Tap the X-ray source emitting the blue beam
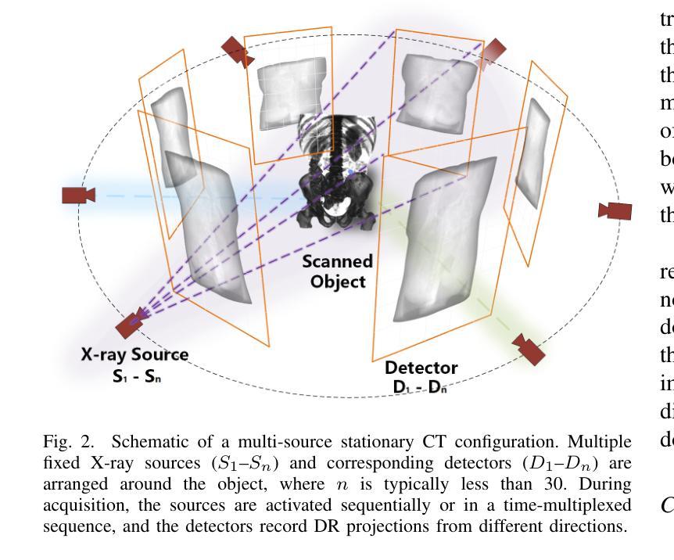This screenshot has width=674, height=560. click(x=77, y=195)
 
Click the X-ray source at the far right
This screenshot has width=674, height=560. click(x=615, y=210)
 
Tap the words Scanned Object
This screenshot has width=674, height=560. click(x=338, y=271)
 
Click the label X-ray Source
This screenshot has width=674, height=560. click(x=135, y=354)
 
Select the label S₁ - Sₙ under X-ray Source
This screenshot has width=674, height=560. click(x=135, y=375)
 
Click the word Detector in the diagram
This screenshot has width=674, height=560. click(x=421, y=368)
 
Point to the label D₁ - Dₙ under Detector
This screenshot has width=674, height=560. click(x=421, y=387)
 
